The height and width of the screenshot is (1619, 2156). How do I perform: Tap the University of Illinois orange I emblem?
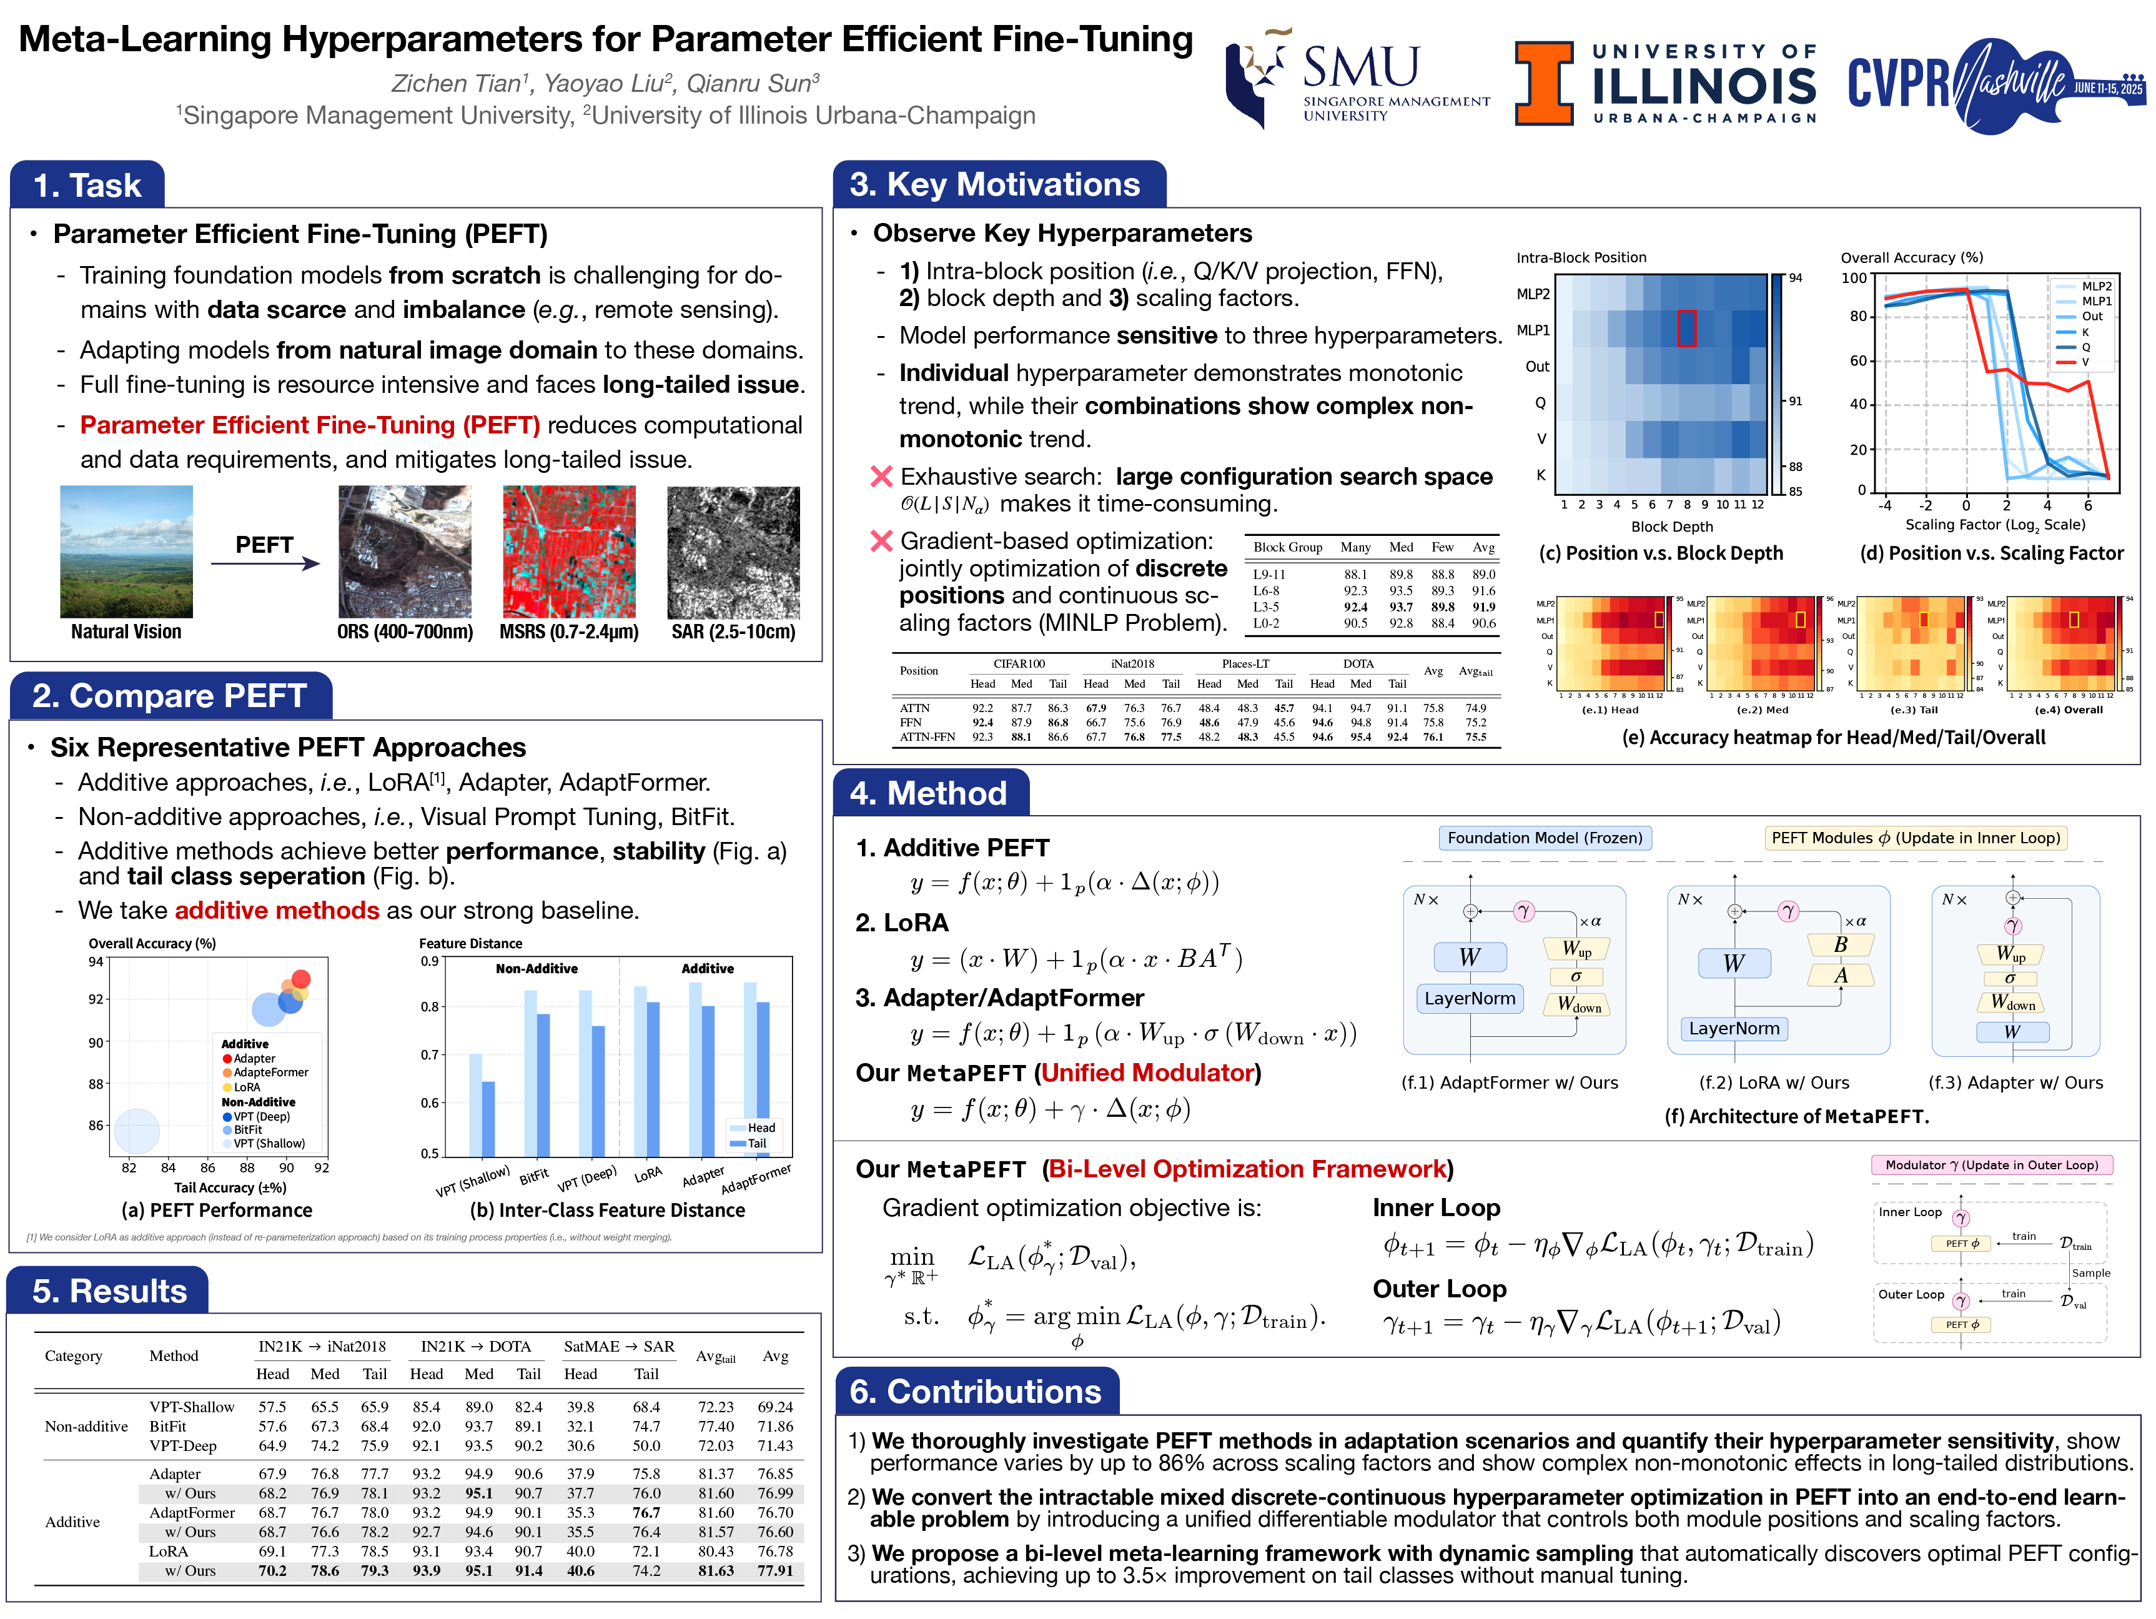click(1543, 83)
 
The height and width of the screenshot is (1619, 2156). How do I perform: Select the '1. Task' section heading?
click(87, 185)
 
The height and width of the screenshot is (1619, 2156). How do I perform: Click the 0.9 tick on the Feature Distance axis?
click(430, 961)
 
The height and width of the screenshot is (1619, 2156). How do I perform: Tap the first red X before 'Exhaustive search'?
click(881, 477)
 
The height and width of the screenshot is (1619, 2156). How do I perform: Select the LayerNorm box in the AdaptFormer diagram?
click(1469, 998)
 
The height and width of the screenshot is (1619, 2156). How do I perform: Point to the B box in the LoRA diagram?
click(1839, 944)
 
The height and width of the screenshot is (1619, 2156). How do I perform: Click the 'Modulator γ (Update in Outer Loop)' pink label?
click(1990, 1165)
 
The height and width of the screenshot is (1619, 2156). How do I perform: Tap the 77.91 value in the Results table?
click(775, 1570)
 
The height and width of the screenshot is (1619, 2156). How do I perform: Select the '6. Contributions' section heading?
click(975, 1391)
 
